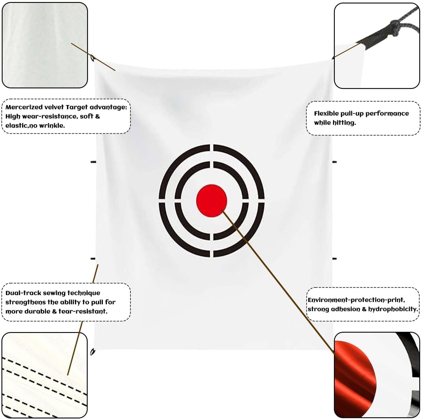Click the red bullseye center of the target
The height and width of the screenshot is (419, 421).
212,201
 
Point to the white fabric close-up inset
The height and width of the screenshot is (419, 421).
45,45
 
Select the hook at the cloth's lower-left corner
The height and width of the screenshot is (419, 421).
93,352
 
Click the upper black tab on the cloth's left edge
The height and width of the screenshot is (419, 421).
93,162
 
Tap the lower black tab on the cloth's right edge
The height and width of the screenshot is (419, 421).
334,259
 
